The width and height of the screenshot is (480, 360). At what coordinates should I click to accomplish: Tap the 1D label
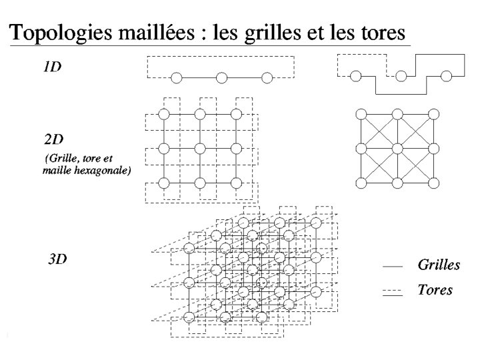(52, 68)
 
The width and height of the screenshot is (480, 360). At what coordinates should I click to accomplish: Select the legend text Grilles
(439, 265)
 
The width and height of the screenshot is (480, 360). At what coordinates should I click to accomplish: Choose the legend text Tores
(435, 289)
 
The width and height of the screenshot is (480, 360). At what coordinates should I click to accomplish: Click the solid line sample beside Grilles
(393, 266)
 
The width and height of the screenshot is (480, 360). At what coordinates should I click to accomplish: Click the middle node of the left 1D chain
(222, 78)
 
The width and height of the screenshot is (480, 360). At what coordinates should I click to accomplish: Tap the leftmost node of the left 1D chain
(177, 78)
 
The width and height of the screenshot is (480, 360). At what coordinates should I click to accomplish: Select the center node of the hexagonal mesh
(397, 148)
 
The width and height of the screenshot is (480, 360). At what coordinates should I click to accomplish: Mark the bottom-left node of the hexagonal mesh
(361, 183)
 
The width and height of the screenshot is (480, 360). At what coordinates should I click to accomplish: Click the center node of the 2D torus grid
(199, 148)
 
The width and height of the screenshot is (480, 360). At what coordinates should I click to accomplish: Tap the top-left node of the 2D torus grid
(163, 113)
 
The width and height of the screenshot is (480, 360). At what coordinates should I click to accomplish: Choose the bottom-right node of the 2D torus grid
(235, 183)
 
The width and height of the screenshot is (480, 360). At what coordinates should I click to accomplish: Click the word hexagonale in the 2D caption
(105, 171)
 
